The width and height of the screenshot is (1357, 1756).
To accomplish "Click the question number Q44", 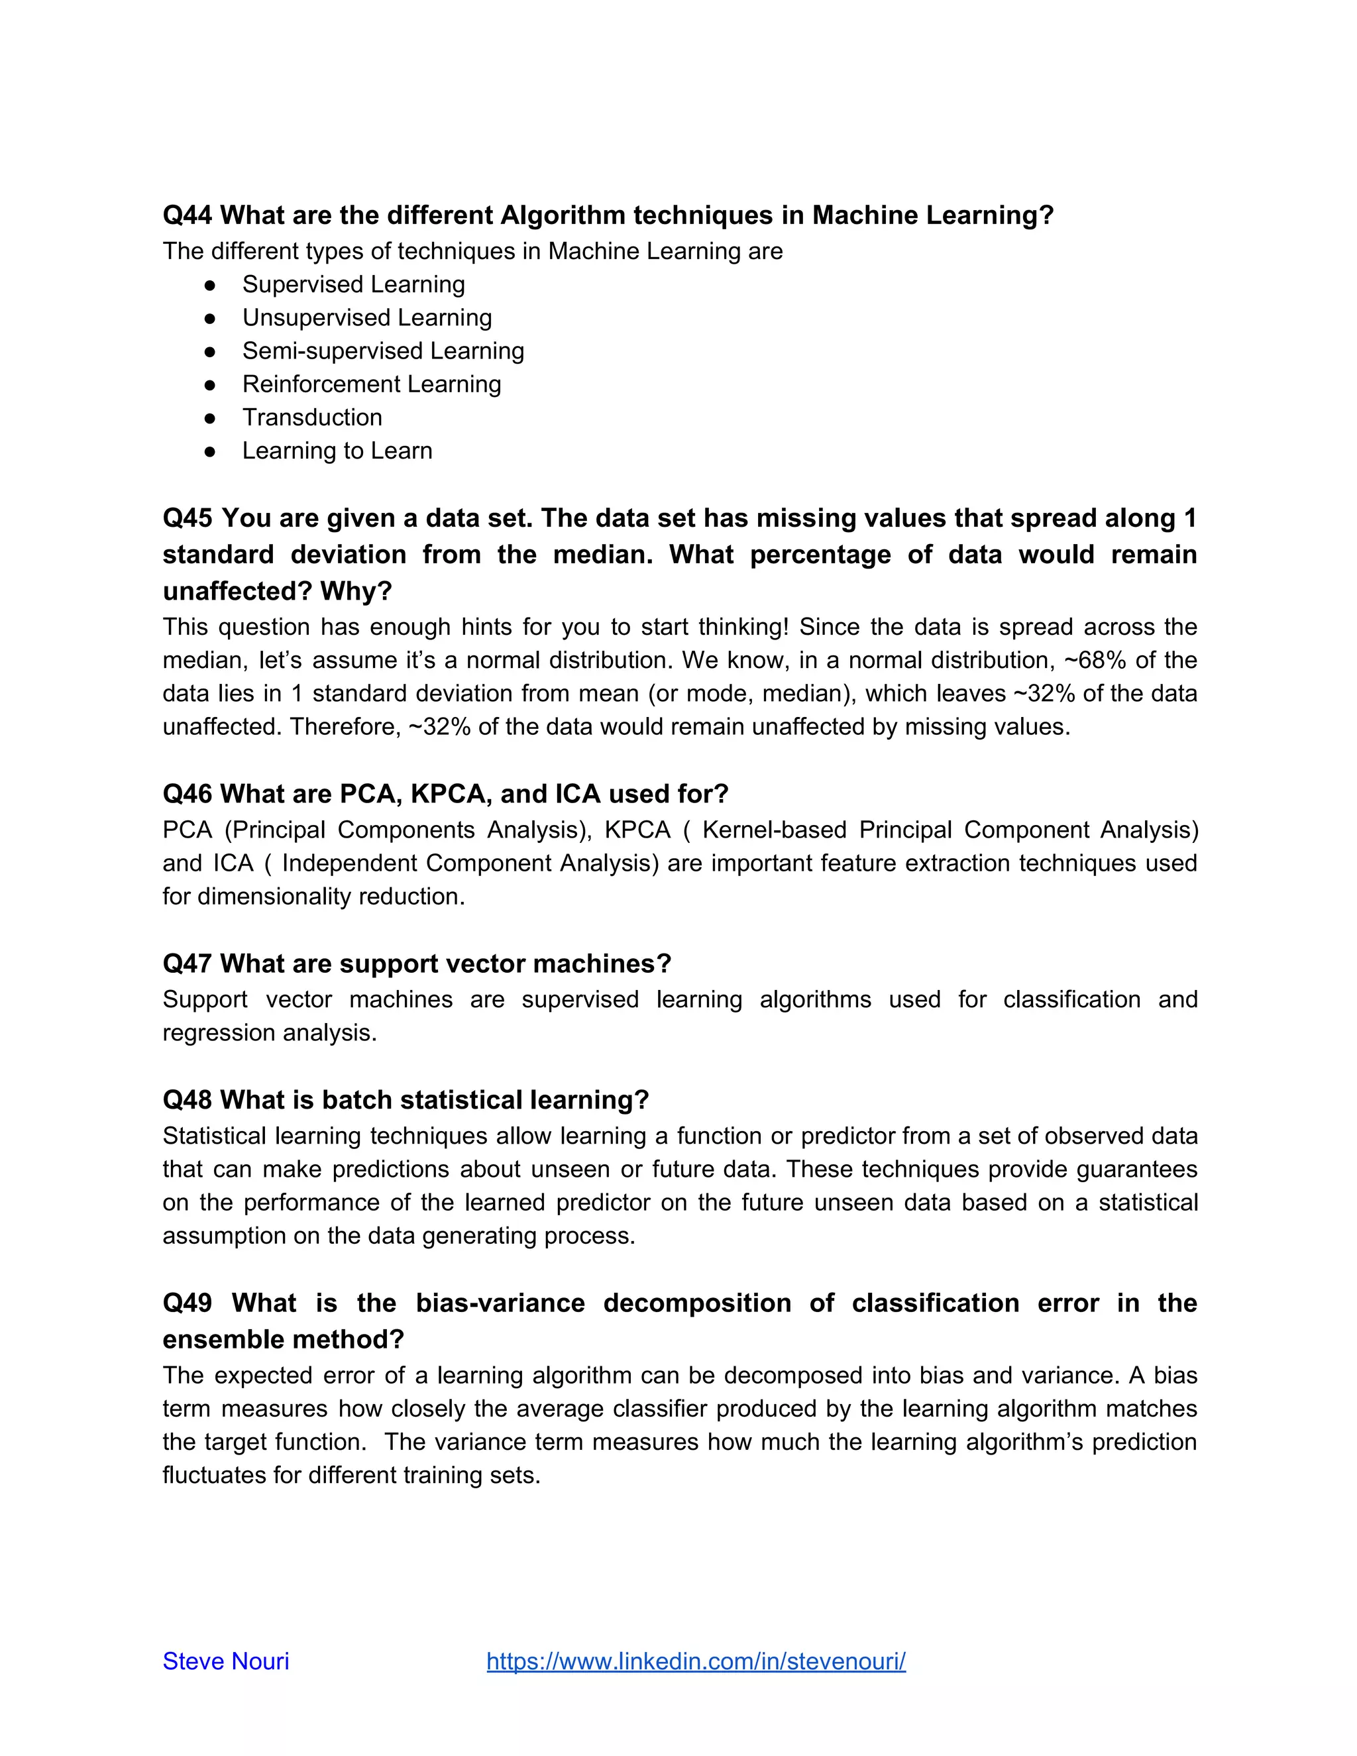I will pyautogui.click(x=188, y=215).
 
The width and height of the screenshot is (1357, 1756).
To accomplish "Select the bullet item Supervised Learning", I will pyautogui.click(x=354, y=285).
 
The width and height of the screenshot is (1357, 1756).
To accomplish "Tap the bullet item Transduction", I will pyautogui.click(x=312, y=417).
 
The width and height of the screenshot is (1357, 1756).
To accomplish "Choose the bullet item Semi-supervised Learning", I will pyautogui.click(x=383, y=351).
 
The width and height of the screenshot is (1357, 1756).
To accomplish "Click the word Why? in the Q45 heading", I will pyautogui.click(x=356, y=592).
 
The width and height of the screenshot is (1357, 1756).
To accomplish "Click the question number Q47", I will pyautogui.click(x=188, y=964).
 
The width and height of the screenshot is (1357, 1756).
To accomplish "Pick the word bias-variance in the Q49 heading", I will pyautogui.click(x=500, y=1303).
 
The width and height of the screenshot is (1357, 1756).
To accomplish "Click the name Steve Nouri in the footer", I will pyautogui.click(x=226, y=1661).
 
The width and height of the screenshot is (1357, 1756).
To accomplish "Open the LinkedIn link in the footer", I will pyautogui.click(x=696, y=1661).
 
